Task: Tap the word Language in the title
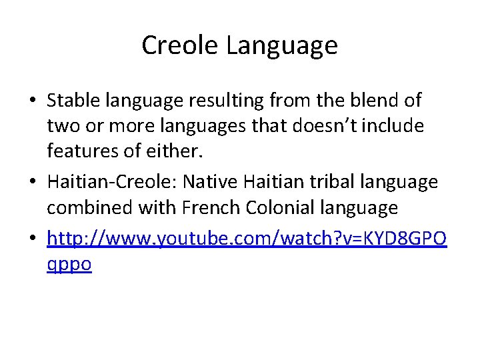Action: pos(282,45)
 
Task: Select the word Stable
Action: pos(75,101)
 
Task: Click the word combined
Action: pos(90,207)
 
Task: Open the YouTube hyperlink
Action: pos(247,238)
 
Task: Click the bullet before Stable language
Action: pos(32,101)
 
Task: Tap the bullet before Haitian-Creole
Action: pos(32,182)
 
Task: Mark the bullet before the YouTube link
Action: pos(32,238)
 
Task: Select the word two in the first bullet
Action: pos(61,127)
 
